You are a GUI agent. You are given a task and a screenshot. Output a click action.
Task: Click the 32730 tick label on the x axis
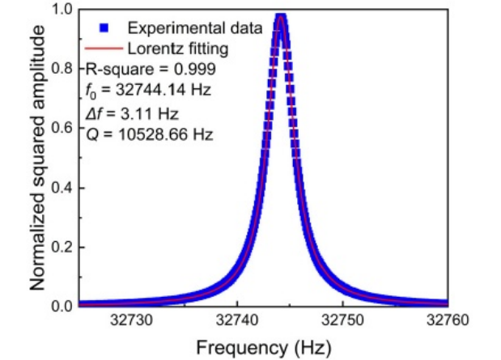click(x=132, y=321)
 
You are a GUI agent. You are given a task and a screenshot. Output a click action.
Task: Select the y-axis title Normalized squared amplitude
click(x=36, y=158)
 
